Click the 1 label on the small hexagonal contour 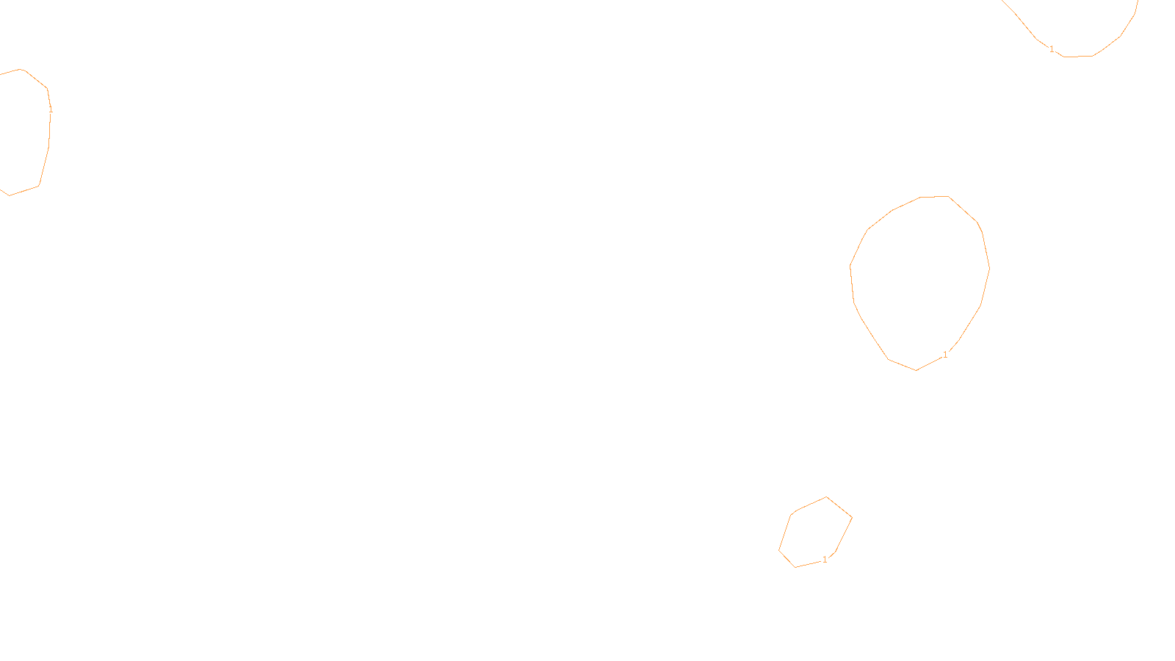825,560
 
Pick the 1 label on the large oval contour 945,355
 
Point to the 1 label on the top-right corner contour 1052,49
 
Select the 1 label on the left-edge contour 51,109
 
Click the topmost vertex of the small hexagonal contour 827,497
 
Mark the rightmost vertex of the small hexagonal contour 852,517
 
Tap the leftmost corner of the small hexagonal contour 779,550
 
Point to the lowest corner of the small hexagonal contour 795,567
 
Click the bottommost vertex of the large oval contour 916,370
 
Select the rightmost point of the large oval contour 989,268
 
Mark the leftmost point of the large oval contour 850,266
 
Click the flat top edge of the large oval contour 935,197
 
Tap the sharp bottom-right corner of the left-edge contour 39,186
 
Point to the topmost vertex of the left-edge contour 21,69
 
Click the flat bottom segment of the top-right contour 1078,57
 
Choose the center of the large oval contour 920,283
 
